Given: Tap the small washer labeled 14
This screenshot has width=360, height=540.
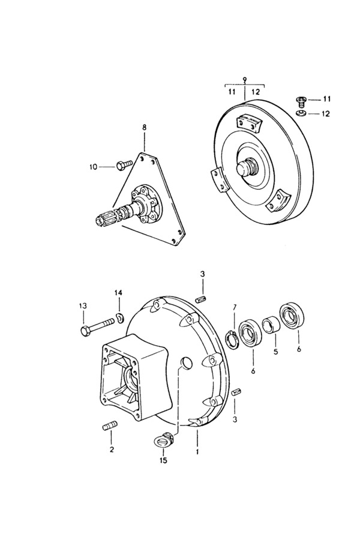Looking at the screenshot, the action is pos(120,318).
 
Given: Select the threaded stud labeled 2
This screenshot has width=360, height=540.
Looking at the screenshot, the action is pos(110,425).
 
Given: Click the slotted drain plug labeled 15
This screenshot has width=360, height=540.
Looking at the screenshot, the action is pos(164,439).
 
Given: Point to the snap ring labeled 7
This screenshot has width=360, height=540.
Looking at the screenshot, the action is pos(231,338).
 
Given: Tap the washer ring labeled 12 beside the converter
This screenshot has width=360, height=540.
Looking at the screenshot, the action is pos(302,113).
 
